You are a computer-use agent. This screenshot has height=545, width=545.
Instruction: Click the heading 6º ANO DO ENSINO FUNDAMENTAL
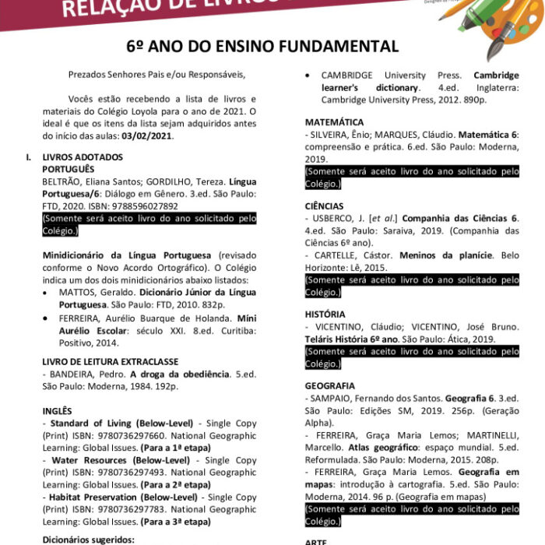click(272, 47)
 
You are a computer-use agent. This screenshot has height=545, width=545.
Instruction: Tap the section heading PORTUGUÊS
click(68, 168)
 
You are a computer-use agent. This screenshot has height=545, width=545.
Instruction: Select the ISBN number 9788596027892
click(136, 206)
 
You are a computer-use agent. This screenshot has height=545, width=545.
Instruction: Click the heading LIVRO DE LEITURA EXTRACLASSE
click(110, 361)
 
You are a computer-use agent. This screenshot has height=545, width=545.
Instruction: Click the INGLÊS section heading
click(57, 410)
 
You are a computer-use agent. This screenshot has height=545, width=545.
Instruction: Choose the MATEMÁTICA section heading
click(334, 123)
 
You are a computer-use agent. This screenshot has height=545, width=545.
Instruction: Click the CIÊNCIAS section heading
click(324, 206)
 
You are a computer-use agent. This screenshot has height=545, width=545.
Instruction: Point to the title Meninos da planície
click(441, 255)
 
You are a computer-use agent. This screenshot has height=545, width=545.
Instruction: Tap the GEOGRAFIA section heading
click(330, 385)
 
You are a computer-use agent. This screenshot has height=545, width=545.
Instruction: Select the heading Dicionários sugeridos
click(88, 539)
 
